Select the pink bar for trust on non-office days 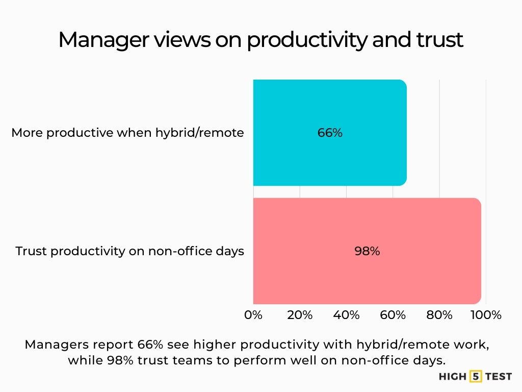tap(367, 276)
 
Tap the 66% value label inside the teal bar tap(330, 133)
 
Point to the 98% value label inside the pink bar tap(367, 251)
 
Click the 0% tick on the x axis tap(253, 315)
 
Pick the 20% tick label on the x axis tap(300, 315)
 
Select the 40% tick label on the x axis tap(346, 315)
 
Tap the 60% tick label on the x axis tap(393, 315)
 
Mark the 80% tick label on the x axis tap(439, 315)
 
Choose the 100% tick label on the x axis tap(486, 315)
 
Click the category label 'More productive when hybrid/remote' tap(127, 133)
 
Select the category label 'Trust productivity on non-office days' tap(129, 251)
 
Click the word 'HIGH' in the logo tap(453, 377)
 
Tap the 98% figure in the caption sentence tap(120, 360)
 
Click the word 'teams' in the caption tap(203, 360)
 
